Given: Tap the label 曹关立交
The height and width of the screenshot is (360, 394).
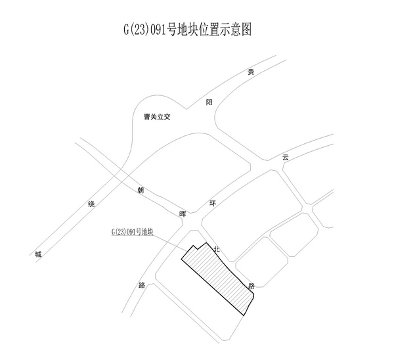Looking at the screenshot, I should coord(157,117).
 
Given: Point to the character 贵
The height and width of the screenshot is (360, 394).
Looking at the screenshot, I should coord(250,72).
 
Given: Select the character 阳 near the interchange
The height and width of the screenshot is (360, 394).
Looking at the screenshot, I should coord(209,102).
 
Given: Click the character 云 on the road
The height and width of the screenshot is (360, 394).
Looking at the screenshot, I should coord(285,157).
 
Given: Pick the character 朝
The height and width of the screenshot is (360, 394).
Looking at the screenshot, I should coord(141,191).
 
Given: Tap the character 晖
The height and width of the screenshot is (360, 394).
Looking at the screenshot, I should coord(183,214).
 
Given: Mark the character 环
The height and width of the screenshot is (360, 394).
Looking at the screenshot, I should coord(212,204).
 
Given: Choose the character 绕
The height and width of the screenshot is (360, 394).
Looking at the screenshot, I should coord(91,204).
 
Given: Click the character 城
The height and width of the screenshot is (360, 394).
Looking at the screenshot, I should coord(39,254).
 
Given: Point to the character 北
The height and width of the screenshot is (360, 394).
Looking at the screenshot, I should coord(216,249).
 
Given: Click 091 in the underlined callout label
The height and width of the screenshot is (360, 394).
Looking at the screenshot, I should coord(131,232).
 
